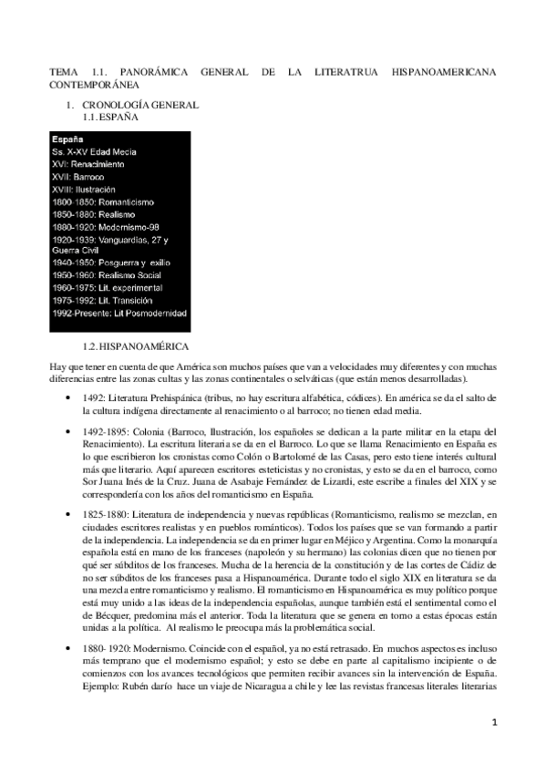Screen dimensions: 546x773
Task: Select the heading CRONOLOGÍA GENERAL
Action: pyautogui.click(x=127, y=106)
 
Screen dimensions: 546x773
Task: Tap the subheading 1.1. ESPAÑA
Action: pyautogui.click(x=110, y=118)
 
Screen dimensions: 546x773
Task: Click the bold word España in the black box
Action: pyautogui.click(x=68, y=139)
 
